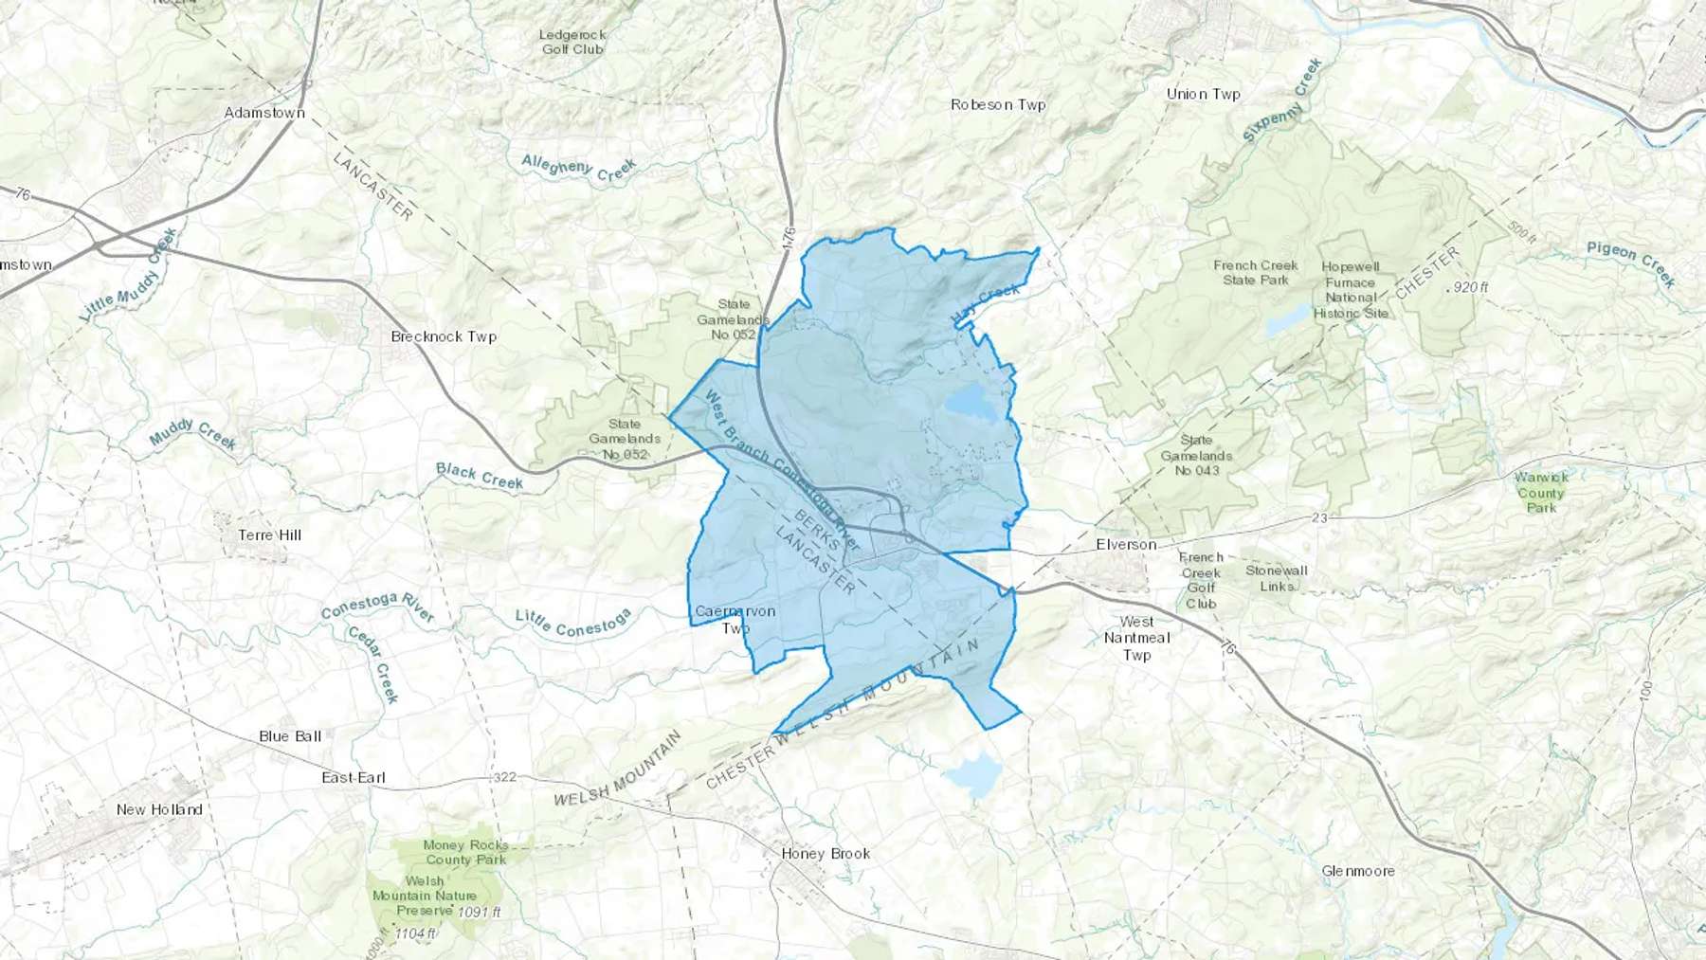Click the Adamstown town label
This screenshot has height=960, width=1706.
[264, 113]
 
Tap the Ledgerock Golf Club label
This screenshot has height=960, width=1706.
[572, 42]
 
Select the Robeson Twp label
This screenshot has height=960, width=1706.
[998, 105]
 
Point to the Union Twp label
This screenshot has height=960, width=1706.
[1203, 94]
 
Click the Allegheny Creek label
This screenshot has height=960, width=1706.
[578, 168]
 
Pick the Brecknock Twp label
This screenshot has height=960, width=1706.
[444, 336]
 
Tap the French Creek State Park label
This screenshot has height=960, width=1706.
[1255, 273]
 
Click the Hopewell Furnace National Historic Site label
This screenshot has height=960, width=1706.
[1351, 290]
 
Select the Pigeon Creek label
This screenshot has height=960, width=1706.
[1630, 263]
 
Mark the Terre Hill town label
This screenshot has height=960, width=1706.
[270, 535]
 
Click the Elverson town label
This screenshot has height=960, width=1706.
[1126, 545]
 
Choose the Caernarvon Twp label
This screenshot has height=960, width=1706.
[735, 620]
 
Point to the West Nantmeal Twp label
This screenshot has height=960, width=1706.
[1136, 638]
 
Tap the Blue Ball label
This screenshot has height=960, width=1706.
[290, 736]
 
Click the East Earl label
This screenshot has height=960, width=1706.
[354, 778]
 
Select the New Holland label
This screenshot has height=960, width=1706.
[159, 809]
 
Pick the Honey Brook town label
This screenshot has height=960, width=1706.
[826, 854]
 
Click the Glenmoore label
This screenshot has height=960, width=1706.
[1358, 871]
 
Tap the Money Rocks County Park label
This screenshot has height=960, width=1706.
[465, 852]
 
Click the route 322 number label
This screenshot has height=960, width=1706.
[504, 777]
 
